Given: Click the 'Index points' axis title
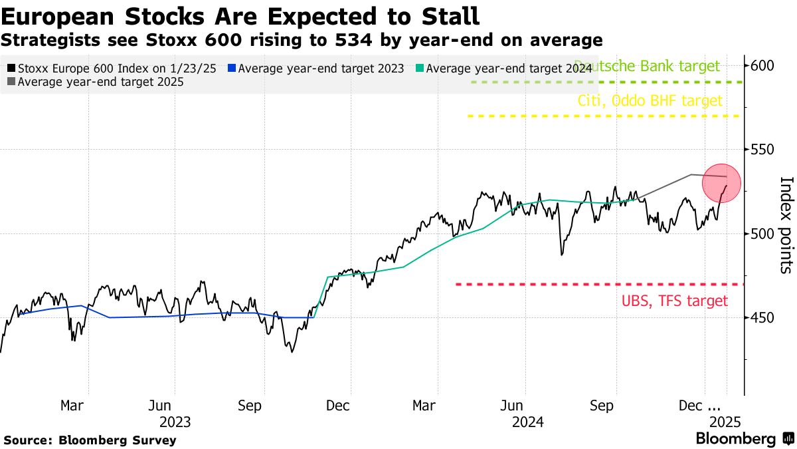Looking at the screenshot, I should [x=786, y=225].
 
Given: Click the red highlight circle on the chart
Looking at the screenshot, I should [x=725, y=182].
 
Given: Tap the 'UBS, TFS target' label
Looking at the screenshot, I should [x=675, y=301].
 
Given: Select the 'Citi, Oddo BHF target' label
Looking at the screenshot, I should [x=650, y=101].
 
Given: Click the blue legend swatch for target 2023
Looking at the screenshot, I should [x=232, y=68].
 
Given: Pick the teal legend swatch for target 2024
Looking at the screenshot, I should [x=419, y=68].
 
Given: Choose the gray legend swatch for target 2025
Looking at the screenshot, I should [x=11, y=82].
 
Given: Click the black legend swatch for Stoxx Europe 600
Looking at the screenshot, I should [x=11, y=68].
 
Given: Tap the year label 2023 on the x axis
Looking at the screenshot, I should [x=175, y=422].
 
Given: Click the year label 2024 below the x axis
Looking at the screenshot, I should [x=528, y=422].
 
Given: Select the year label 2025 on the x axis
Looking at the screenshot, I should [x=725, y=422].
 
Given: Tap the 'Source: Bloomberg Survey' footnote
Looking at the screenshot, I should [x=90, y=440].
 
